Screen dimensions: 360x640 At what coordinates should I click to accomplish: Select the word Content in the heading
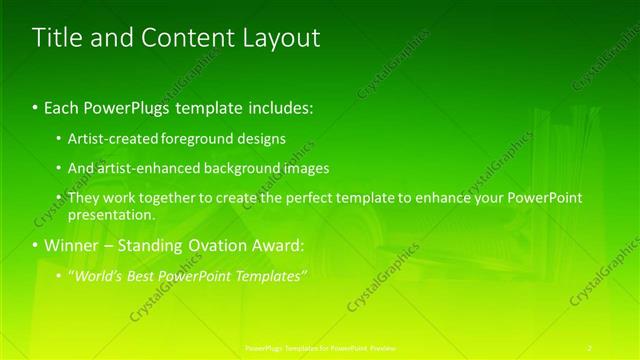(x=185, y=38)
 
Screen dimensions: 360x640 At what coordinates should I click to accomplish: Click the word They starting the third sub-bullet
(x=84, y=198)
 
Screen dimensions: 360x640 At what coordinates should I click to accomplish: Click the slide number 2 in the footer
(x=590, y=347)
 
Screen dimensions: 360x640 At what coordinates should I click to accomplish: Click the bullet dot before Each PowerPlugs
(x=36, y=105)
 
